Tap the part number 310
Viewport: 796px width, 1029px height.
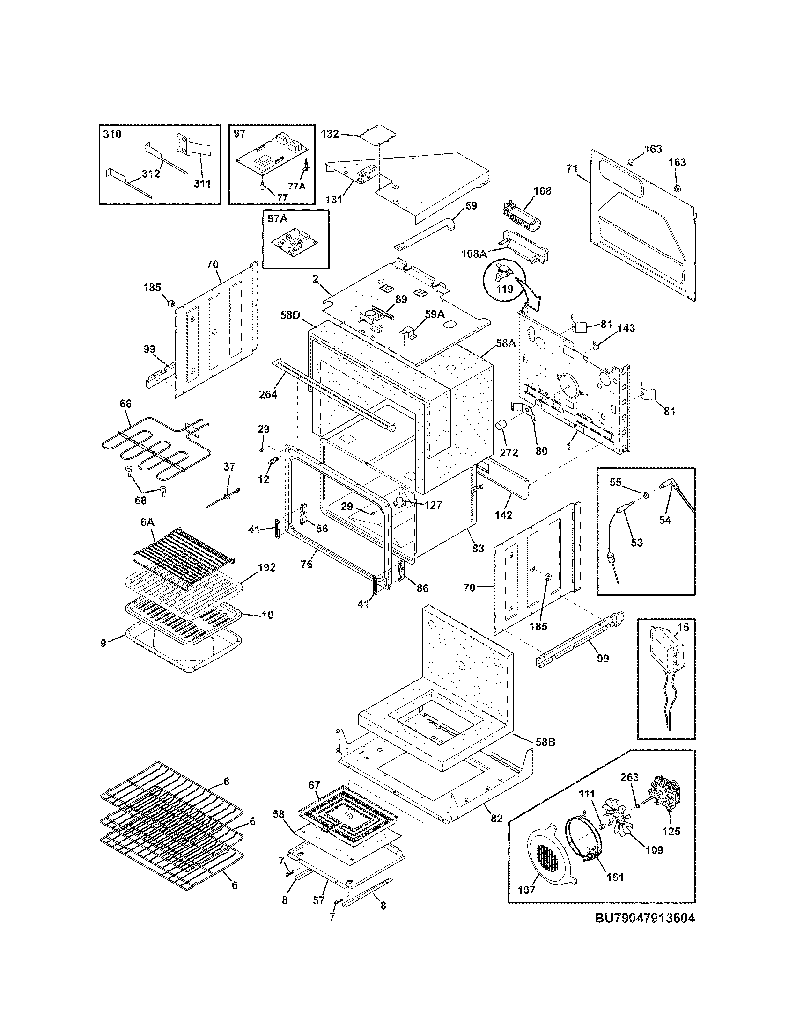pyautogui.click(x=112, y=134)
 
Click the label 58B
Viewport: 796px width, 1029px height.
pyautogui.click(x=545, y=742)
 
